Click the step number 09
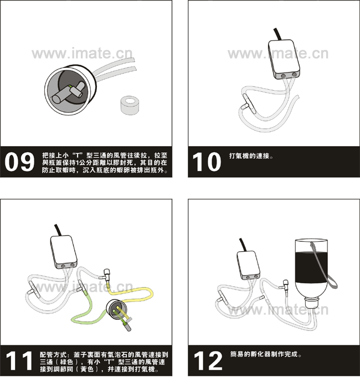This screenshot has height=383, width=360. pyautogui.click(x=19, y=162)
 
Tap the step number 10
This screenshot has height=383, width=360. pyautogui.click(x=207, y=162)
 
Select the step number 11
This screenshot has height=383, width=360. pyautogui.click(x=19, y=361)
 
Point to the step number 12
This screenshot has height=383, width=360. pyautogui.click(x=208, y=361)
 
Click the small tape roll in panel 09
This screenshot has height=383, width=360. pyautogui.click(x=130, y=105)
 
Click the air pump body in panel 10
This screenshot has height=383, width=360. pyautogui.click(x=284, y=59)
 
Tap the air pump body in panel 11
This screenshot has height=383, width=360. pyautogui.click(x=64, y=252)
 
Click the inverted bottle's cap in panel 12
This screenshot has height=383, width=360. pyautogui.click(x=312, y=303)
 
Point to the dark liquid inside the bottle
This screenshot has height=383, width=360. pyautogui.click(x=311, y=267)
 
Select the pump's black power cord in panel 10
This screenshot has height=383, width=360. pyautogui.click(x=277, y=34)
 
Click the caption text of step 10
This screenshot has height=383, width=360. pyautogui.click(x=251, y=156)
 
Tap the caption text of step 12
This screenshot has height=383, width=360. pyautogui.click(x=266, y=354)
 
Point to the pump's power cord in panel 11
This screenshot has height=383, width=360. pyautogui.click(x=58, y=230)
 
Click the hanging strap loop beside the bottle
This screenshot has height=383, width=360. pyautogui.click(x=325, y=266)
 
